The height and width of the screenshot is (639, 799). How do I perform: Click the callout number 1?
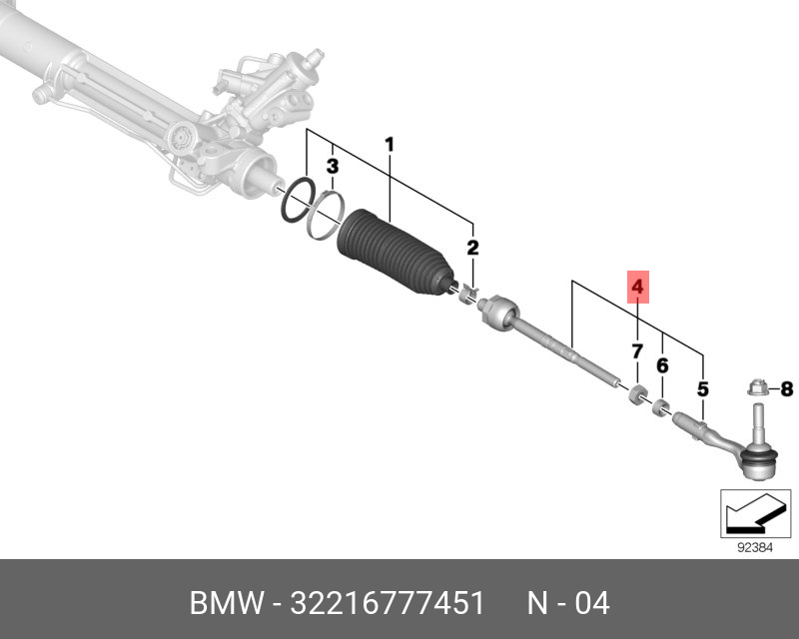[390, 146]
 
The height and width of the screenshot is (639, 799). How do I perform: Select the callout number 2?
[472, 247]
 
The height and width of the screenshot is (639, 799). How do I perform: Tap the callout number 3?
[334, 165]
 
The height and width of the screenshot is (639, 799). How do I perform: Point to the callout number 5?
[703, 387]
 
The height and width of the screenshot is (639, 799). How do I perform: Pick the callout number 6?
[662, 366]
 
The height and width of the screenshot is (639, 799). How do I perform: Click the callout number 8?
[785, 388]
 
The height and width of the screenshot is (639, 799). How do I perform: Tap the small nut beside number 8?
[756, 386]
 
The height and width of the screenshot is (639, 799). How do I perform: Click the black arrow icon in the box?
[748, 515]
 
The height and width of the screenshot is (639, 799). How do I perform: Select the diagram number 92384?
[756, 547]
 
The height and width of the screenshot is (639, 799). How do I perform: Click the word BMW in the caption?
[225, 604]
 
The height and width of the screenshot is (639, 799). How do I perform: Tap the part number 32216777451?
[386, 604]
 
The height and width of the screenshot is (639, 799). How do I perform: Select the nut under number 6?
[660, 405]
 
